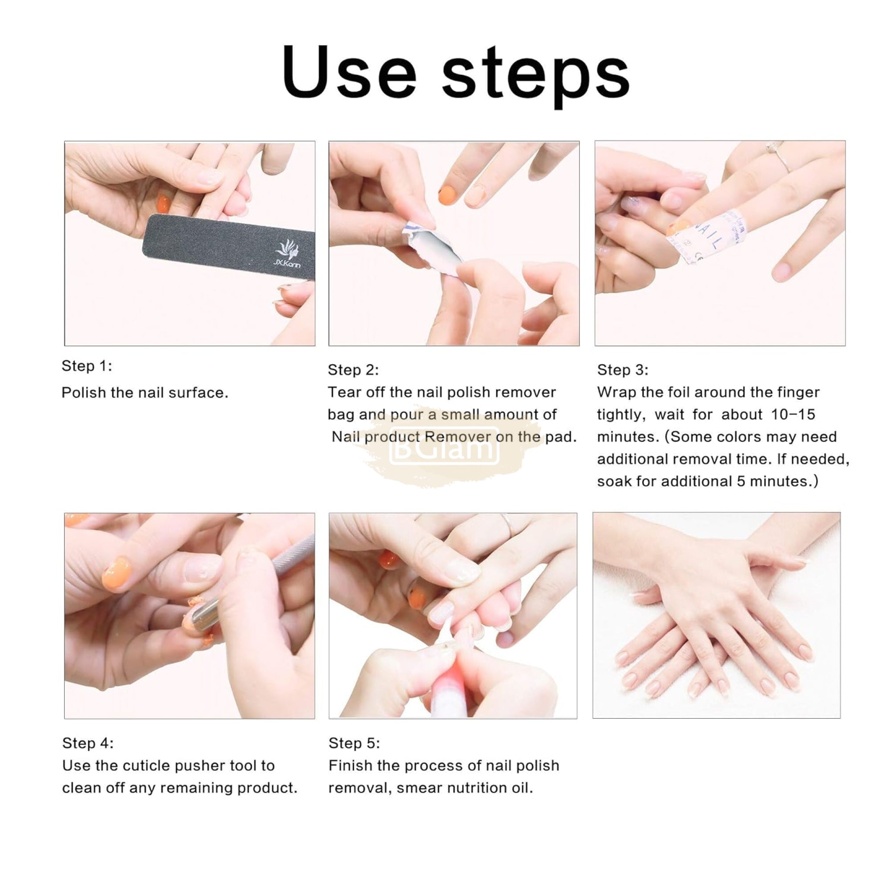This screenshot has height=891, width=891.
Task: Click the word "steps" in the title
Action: pos(536,77)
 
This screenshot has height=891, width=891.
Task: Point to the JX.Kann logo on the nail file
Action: pos(287,253)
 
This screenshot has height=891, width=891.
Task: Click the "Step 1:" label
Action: pos(87,366)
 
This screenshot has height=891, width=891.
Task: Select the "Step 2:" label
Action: pos(353,370)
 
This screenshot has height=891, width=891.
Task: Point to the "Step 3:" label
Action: pos(623,370)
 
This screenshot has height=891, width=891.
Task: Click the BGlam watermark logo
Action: pos(444,446)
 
